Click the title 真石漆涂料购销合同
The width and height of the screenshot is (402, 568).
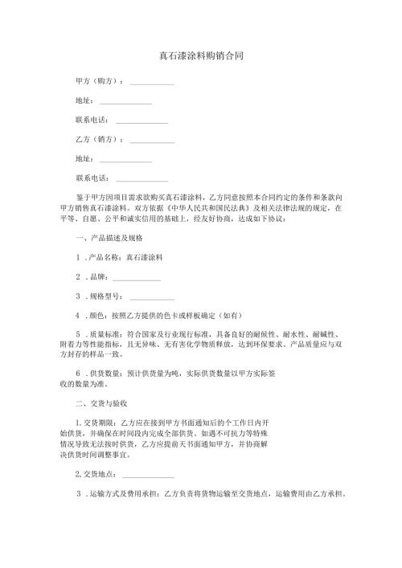(x=201, y=56)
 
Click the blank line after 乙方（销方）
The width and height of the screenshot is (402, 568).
(x=152, y=141)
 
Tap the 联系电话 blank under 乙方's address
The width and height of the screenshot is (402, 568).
(x=142, y=179)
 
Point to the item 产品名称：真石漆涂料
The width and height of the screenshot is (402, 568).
(x=125, y=259)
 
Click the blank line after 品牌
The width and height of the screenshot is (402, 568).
(x=137, y=280)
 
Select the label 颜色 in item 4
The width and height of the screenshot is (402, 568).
(x=95, y=317)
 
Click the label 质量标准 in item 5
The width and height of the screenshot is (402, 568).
(x=102, y=336)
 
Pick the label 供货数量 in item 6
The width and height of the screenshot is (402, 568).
(x=102, y=374)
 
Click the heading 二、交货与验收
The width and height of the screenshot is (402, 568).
(x=102, y=403)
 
